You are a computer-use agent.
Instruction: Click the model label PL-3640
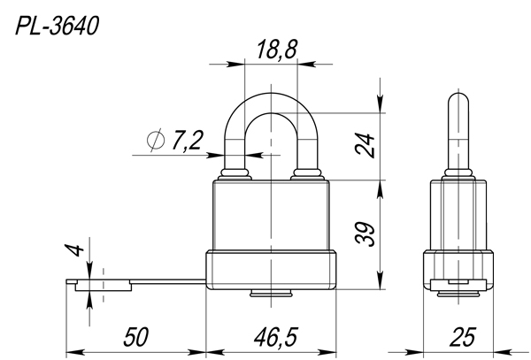click(x=57, y=26)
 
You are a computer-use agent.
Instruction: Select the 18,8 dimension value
click(x=277, y=50)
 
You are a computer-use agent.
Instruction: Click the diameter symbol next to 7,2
click(x=156, y=140)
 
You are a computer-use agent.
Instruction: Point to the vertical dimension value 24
click(x=365, y=145)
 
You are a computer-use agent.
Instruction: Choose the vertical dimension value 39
click(x=365, y=234)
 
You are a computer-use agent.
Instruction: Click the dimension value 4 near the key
click(x=74, y=249)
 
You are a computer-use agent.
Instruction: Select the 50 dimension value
click(x=135, y=337)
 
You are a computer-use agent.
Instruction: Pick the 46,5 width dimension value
click(x=275, y=337)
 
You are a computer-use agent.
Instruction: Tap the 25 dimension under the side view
click(x=462, y=337)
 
